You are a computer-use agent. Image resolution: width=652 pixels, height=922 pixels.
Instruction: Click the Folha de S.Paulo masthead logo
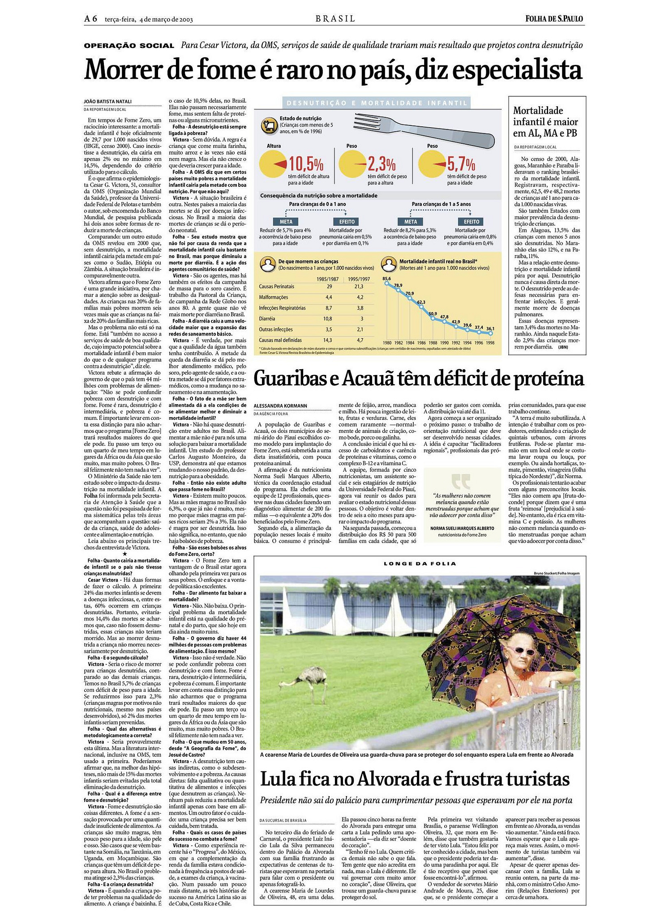pyautogui.click(x=555, y=19)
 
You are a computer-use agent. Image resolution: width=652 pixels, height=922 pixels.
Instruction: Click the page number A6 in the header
pyautogui.click(x=91, y=19)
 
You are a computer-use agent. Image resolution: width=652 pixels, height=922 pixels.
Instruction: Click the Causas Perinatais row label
pyautogui.click(x=276, y=286)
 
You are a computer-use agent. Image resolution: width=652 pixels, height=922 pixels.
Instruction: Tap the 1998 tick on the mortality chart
pyautogui.click(x=490, y=343)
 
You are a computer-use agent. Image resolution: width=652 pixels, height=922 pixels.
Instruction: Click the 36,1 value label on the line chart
pyautogui.click(x=490, y=328)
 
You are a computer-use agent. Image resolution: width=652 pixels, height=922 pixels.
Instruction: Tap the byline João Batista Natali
pyautogui.click(x=107, y=101)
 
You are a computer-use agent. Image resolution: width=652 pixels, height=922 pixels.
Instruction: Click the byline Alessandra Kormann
pyautogui.click(x=280, y=406)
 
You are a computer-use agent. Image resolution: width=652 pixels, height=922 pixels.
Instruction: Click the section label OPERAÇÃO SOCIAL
pyautogui.click(x=129, y=46)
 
